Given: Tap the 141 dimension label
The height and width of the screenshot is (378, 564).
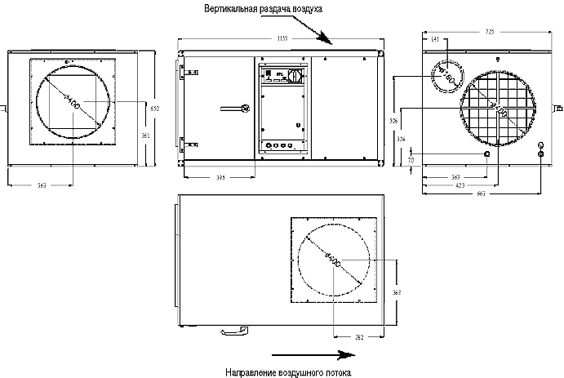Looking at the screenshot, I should (433, 39).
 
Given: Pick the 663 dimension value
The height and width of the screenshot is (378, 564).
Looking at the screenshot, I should (482, 193).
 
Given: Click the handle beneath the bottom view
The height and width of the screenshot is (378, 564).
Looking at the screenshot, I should (234, 330).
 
